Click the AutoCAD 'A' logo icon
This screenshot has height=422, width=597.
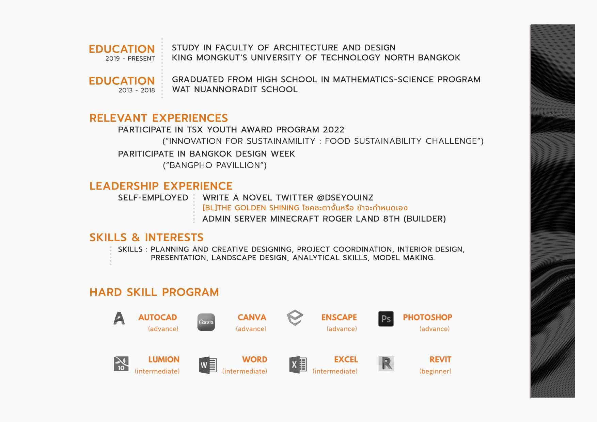[x=119, y=319]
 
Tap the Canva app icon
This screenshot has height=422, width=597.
[x=206, y=322]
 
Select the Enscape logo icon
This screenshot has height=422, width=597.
[x=295, y=318]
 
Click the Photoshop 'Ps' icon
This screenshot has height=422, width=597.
[x=386, y=319]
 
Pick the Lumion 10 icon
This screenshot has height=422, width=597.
[x=121, y=363]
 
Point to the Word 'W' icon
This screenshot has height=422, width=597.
[x=208, y=365]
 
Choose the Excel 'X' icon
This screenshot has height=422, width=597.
[x=298, y=365]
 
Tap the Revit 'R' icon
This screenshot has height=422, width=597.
[x=386, y=363]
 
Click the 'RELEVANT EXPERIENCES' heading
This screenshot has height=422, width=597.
[x=158, y=118]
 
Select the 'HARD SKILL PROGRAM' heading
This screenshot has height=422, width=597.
[x=154, y=292]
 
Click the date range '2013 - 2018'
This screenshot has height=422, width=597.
[x=137, y=90]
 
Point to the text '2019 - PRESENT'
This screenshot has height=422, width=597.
[x=130, y=59]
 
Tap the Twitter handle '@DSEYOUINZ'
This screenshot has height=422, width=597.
[x=345, y=198]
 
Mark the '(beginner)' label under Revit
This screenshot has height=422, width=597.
[x=435, y=371]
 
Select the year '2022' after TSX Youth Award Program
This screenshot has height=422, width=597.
[x=333, y=130]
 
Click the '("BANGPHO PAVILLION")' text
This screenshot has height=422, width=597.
[x=215, y=165]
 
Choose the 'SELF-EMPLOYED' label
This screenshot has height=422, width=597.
[x=153, y=198]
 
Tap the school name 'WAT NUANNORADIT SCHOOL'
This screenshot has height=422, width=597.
[x=235, y=90]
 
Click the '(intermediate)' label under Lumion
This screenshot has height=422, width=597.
[x=157, y=371]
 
